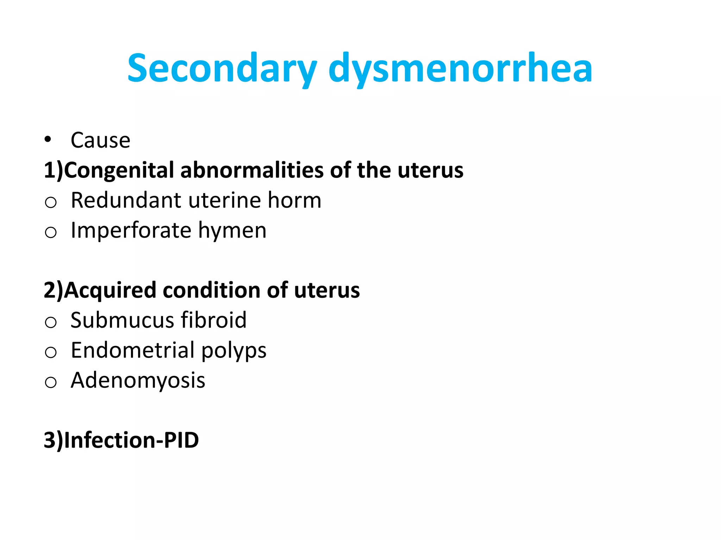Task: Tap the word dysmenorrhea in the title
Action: (460, 69)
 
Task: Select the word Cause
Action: (100, 140)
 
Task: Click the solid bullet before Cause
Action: (48, 140)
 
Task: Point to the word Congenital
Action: (119, 170)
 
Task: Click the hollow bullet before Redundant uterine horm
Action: (51, 202)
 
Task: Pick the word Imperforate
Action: (131, 231)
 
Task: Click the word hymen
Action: (232, 231)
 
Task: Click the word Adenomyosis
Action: (138, 380)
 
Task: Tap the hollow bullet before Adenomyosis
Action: (51, 382)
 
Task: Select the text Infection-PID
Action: (131, 440)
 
